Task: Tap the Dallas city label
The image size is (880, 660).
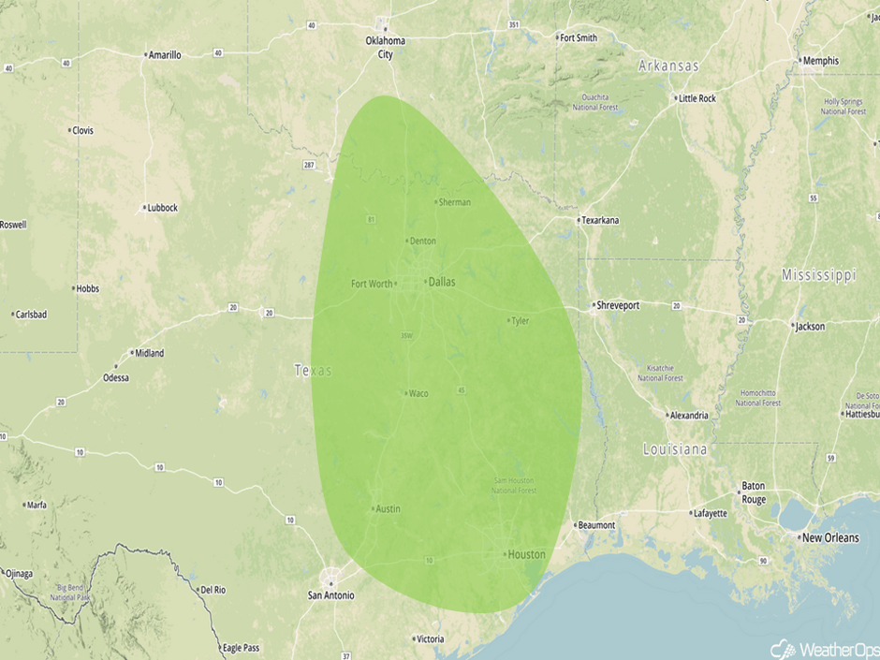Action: tap(441, 282)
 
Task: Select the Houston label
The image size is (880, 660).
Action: tap(526, 554)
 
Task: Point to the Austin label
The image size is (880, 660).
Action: tap(388, 509)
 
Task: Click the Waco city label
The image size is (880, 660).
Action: tap(418, 393)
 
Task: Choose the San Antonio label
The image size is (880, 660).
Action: tap(331, 595)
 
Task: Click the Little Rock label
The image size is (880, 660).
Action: tap(697, 98)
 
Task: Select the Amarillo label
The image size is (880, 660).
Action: tap(166, 55)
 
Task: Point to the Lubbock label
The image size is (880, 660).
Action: tap(161, 208)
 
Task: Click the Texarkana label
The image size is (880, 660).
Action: tap(600, 221)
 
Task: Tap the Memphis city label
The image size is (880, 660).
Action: tap(821, 61)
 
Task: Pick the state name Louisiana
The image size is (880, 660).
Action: tap(675, 450)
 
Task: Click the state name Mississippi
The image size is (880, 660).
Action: tap(819, 275)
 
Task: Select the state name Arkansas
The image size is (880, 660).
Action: tap(668, 66)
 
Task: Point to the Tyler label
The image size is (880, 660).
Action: tap(520, 321)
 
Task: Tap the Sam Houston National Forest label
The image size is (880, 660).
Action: tap(515, 485)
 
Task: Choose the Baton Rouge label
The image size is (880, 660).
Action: tap(754, 492)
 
